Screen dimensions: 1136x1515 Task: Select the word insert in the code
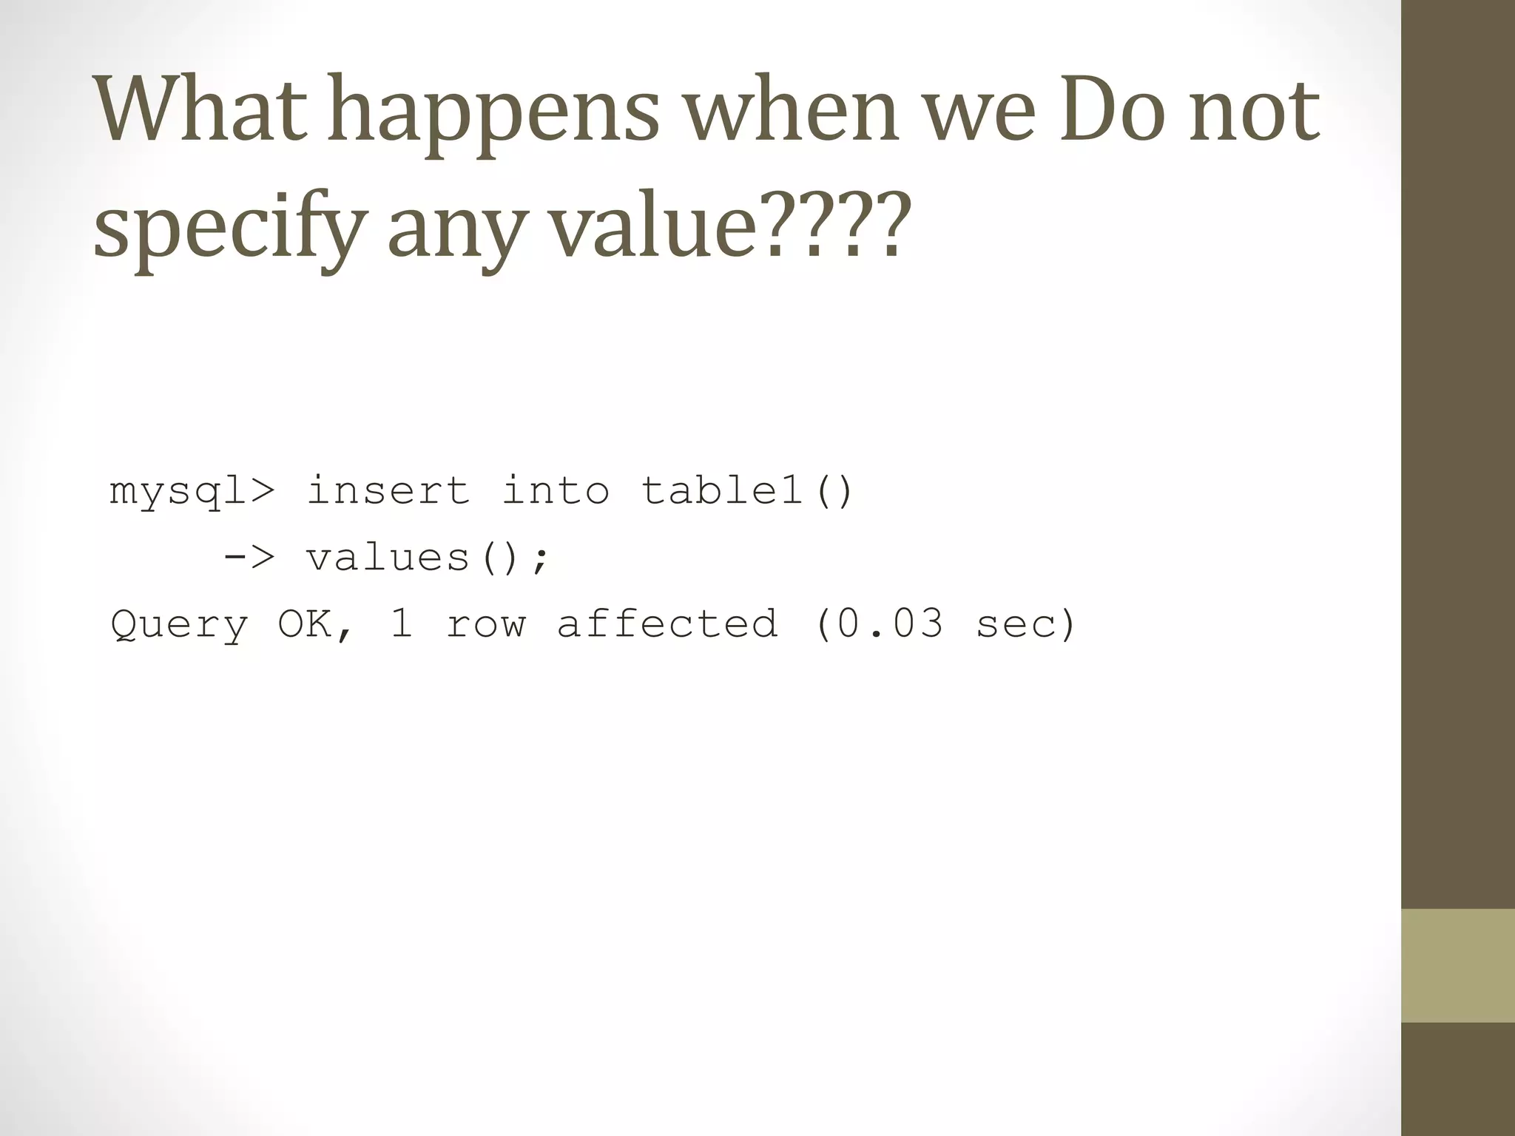point(388,490)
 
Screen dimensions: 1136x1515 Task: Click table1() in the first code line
point(747,490)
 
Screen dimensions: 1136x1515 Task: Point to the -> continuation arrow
point(249,557)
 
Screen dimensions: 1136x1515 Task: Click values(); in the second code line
point(428,557)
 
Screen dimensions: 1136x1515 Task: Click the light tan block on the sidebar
point(1457,965)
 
